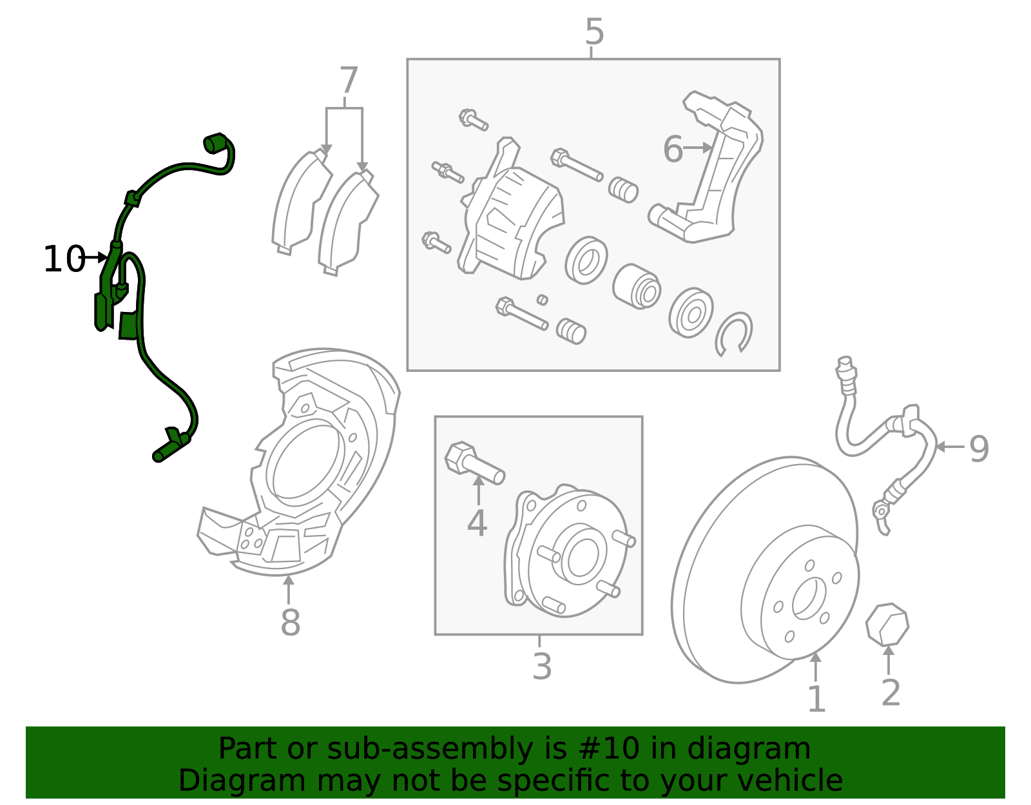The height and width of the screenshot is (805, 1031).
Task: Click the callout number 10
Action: pos(63,260)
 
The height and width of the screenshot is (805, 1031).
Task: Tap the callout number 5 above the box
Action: pos(594,32)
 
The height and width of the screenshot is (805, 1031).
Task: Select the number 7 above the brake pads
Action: pos(348,82)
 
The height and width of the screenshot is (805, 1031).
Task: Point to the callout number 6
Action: pos(673,150)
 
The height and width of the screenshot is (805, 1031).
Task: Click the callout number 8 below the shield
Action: pos(290,623)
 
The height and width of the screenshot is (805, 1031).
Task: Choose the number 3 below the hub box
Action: pos(542,666)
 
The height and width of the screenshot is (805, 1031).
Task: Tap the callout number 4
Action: pos(477,523)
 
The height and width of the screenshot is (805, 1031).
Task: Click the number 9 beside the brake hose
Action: pos(979,449)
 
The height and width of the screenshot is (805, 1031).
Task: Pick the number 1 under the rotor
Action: pos(816,699)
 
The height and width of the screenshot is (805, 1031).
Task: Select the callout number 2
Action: pos(891,693)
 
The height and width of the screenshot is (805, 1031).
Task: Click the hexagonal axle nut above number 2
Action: pos(887,624)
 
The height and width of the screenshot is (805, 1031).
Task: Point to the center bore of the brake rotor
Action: pos(808,597)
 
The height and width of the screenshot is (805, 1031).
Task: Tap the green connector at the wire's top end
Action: pos(214,143)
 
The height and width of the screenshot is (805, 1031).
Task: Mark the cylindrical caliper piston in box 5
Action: pos(637,287)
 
